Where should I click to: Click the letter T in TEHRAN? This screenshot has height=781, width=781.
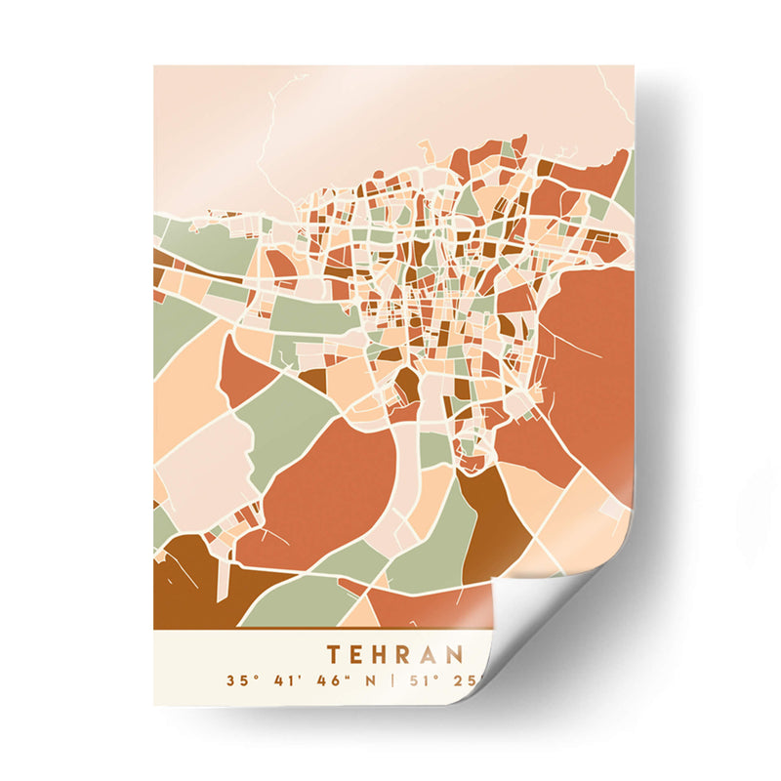(335, 653)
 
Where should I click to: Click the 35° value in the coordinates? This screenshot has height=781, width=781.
(239, 680)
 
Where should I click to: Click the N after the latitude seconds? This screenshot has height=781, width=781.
(368, 680)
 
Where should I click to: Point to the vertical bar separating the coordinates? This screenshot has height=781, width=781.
(390, 680)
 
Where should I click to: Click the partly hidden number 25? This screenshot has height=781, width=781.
(457, 680)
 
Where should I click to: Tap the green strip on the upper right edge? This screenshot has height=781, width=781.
(626, 185)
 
